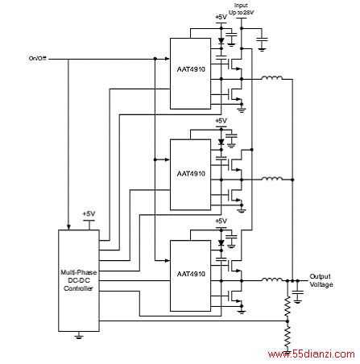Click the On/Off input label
38,58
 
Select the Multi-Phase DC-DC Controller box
79,280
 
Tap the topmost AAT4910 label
191,69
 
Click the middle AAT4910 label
191,174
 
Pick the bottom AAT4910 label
191,274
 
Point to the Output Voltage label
321,280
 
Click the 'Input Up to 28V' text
241,9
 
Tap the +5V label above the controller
89,214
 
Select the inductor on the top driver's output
272,78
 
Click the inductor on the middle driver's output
272,178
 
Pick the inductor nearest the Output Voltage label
272,279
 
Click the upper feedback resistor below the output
288,306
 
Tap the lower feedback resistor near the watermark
288,337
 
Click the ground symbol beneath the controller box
79,336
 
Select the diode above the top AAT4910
221,40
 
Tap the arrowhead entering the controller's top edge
68,227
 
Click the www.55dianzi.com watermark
312,354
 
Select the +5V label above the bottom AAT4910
221,221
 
